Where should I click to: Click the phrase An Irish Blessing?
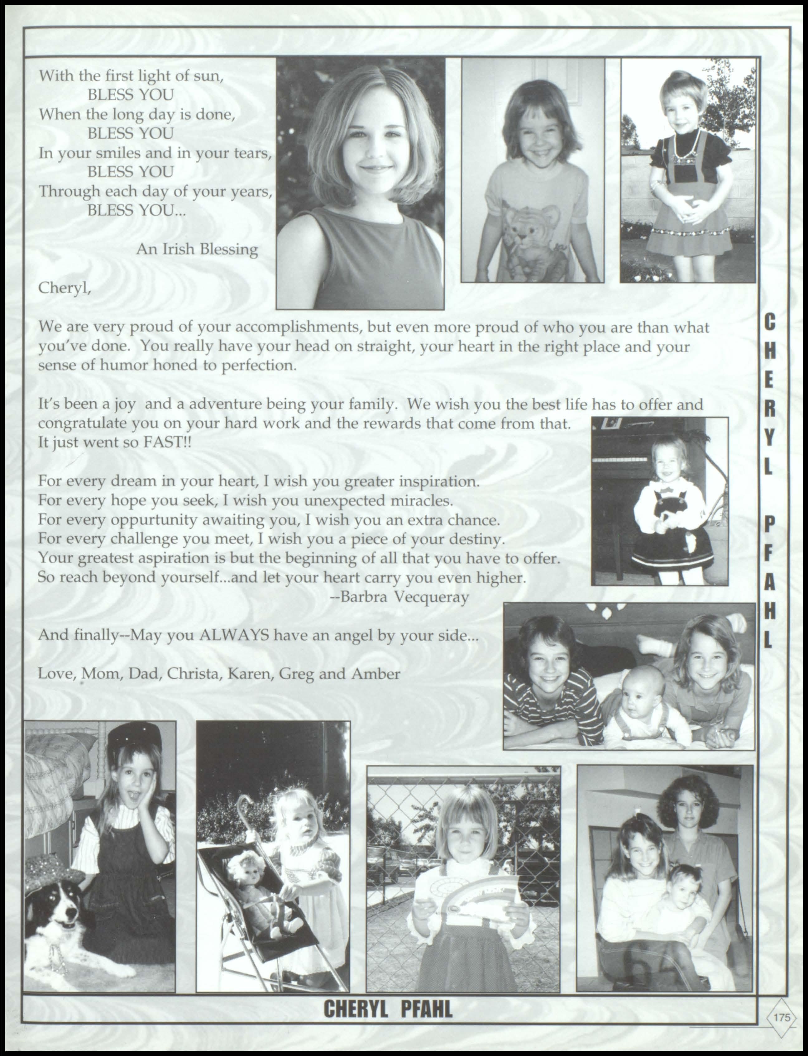197,250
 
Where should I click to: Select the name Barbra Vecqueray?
400,597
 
